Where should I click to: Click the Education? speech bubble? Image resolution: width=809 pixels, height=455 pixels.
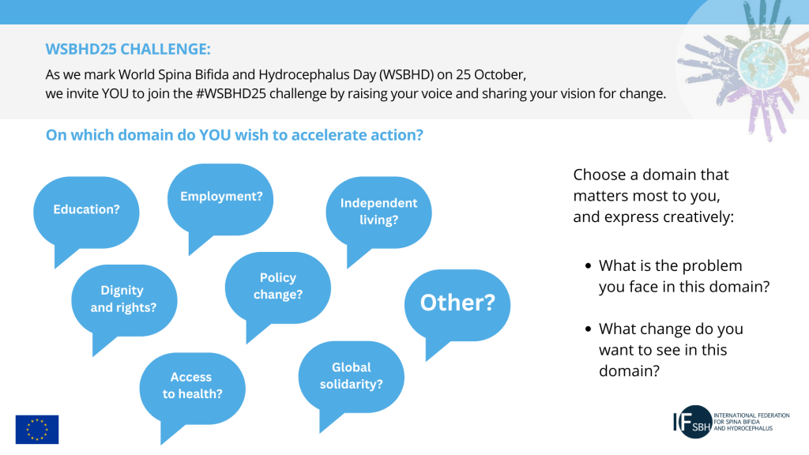pyautogui.click(x=86, y=212)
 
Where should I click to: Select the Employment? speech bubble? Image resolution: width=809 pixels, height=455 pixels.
pyautogui.click(x=220, y=200)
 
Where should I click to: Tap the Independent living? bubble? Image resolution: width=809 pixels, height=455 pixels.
pyautogui.click(x=378, y=212)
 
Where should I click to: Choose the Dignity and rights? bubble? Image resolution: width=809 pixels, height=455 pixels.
pyautogui.click(x=124, y=301)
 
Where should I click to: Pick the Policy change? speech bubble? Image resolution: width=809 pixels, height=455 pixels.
pyautogui.click(x=277, y=288)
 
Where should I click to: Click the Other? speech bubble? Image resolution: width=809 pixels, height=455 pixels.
pyautogui.click(x=457, y=306)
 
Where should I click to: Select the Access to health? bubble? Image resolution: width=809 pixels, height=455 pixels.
pyautogui.click(x=193, y=389)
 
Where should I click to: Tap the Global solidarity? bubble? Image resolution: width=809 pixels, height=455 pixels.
pyautogui.click(x=352, y=377)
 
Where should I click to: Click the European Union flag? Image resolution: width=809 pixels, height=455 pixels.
pyautogui.click(x=37, y=429)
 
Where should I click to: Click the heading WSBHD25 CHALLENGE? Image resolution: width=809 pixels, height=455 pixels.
pyautogui.click(x=128, y=49)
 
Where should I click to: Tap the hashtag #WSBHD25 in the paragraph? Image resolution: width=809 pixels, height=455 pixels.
pyautogui.click(x=231, y=93)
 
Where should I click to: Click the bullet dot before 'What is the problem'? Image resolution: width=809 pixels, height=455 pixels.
pyautogui.click(x=588, y=266)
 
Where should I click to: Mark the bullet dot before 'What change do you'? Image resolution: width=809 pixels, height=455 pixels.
pyautogui.click(x=588, y=329)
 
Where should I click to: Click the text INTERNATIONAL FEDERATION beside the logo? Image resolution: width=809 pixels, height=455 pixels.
pyautogui.click(x=752, y=416)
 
